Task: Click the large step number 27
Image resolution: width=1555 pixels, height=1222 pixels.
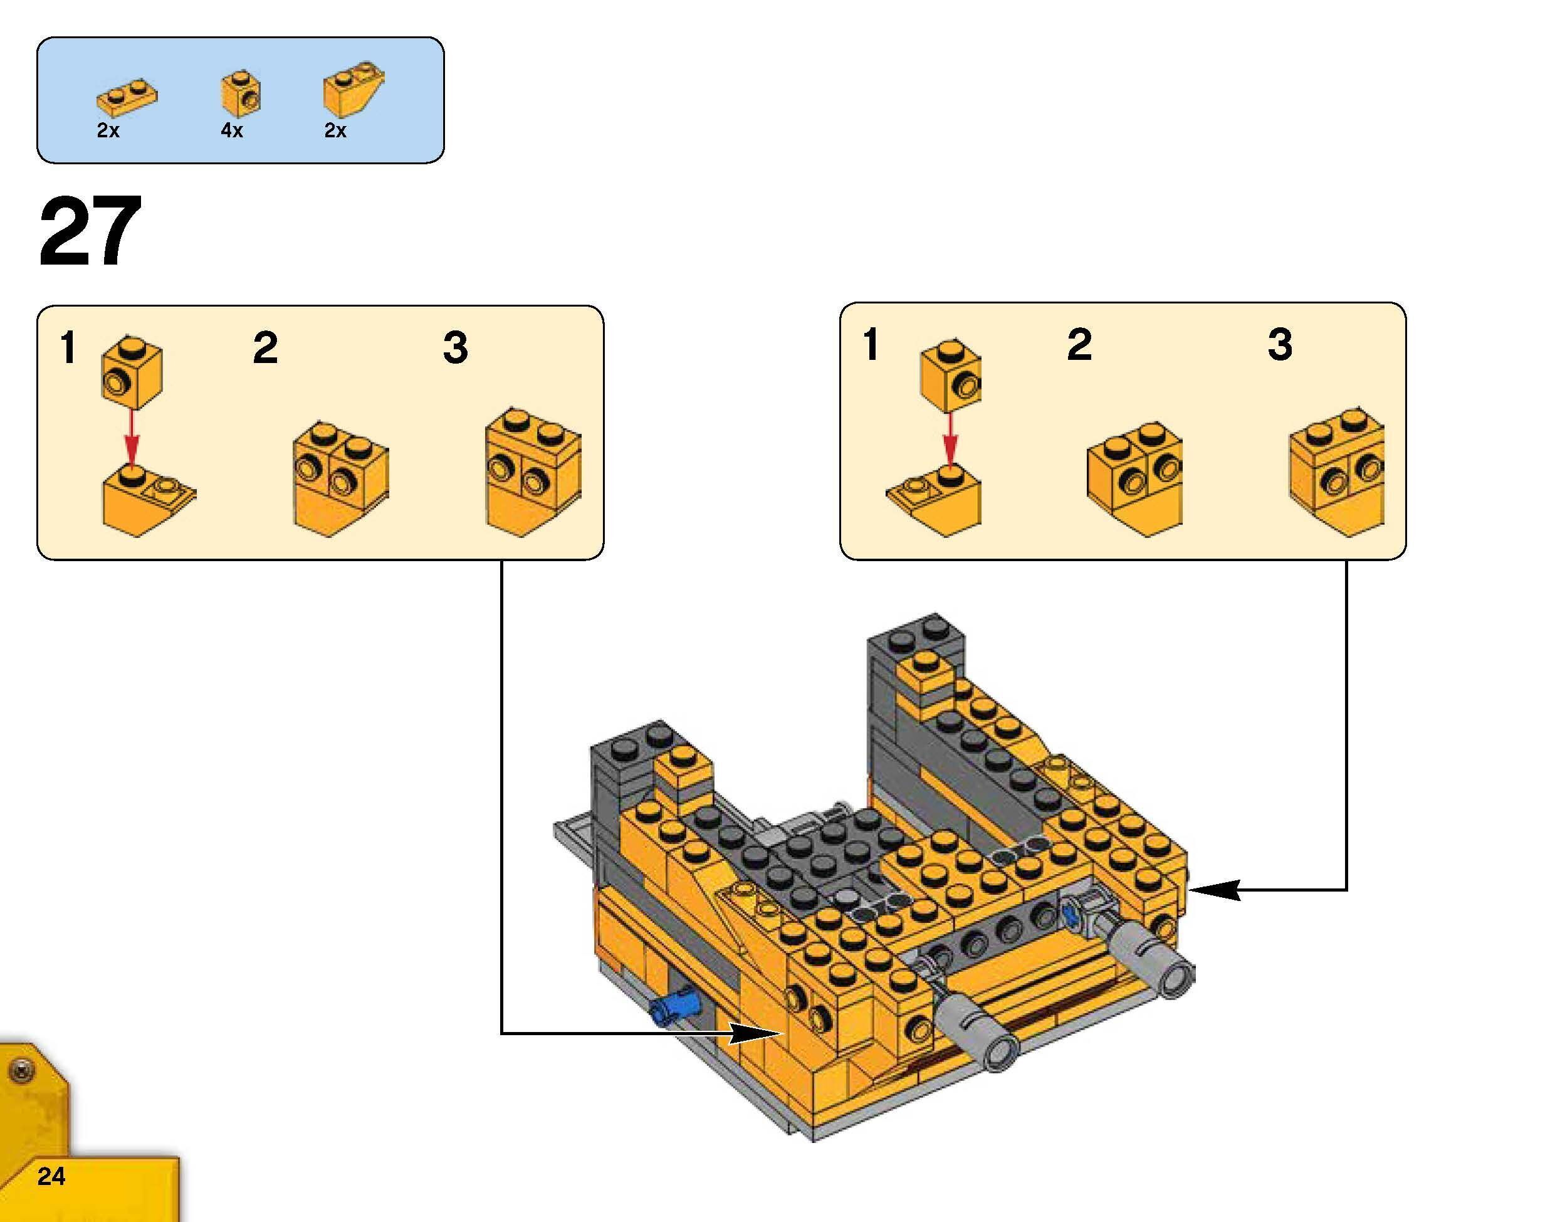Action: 90,231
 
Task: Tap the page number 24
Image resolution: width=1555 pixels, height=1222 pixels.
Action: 51,1176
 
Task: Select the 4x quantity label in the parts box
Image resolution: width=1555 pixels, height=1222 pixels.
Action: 232,131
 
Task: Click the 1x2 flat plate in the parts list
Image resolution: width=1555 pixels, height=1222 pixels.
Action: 127,98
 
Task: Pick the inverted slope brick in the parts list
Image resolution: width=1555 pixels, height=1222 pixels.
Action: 352,92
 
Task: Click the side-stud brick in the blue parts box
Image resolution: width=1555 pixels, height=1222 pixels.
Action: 240,93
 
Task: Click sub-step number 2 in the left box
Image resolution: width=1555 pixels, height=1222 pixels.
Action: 264,348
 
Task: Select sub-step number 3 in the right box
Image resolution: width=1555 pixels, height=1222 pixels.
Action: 1280,345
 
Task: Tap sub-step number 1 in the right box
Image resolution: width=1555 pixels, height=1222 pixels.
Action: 870,345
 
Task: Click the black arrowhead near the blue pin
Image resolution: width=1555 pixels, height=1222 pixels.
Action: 755,1033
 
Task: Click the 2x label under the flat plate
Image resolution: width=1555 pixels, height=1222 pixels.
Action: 108,131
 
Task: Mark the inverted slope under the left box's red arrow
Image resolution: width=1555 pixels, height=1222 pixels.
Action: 147,498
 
